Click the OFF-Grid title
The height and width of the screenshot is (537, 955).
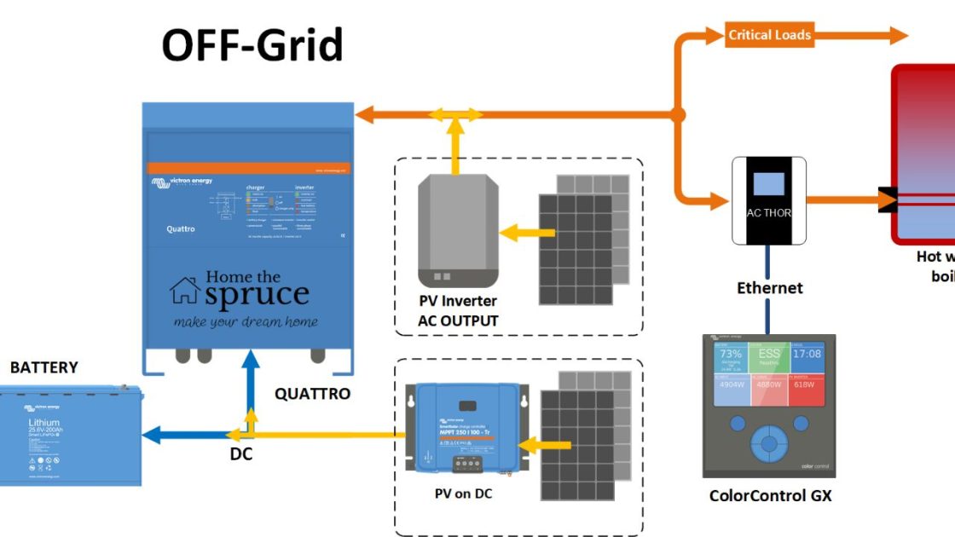[x=252, y=45]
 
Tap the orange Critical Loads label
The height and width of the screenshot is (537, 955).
[x=769, y=35]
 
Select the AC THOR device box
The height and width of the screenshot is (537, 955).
[x=769, y=200]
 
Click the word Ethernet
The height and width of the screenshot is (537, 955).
[x=769, y=288]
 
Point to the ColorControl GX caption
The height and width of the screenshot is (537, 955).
[x=769, y=495]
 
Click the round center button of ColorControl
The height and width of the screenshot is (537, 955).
[x=769, y=443]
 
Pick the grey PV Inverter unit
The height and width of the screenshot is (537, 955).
[x=457, y=230]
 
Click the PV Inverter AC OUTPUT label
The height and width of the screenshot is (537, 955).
[x=458, y=311]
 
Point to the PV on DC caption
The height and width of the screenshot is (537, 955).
[x=462, y=494]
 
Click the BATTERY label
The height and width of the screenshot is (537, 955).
[x=43, y=367]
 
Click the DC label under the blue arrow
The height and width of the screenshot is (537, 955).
[x=241, y=454]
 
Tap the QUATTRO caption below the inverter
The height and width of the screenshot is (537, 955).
[x=312, y=394]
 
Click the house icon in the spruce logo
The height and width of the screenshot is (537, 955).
[x=185, y=290]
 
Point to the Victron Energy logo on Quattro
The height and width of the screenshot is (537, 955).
[x=182, y=182]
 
